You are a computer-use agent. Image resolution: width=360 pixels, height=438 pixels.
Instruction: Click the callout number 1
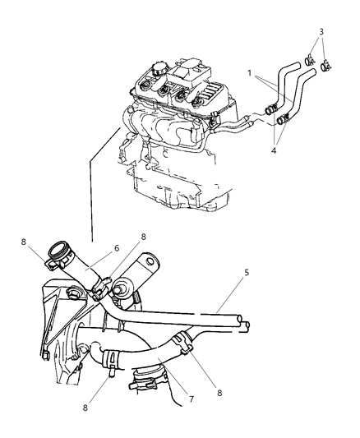[x=249, y=73]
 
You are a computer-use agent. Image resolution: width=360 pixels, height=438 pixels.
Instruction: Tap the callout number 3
[x=321, y=31]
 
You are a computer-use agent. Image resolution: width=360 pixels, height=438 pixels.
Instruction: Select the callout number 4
[x=274, y=150]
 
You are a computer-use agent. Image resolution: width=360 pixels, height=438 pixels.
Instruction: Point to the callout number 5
[x=246, y=272]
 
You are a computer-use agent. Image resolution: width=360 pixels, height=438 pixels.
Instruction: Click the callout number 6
[x=117, y=248]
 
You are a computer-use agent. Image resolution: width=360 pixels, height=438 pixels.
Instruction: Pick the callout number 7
[x=192, y=399]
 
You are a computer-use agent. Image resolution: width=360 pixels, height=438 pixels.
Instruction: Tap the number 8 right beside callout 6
[x=143, y=237]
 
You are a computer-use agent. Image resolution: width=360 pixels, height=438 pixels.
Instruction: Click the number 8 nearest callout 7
[x=219, y=393]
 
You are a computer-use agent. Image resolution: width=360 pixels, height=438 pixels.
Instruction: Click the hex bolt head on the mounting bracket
[x=73, y=293]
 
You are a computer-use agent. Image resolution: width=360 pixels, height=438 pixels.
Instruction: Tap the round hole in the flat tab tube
[x=150, y=260]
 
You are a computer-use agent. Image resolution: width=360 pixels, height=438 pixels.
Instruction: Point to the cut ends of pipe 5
[x=242, y=323]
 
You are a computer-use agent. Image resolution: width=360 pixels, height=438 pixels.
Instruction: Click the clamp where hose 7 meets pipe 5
[x=182, y=342]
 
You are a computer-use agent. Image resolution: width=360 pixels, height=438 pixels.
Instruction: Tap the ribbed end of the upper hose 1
[x=271, y=109]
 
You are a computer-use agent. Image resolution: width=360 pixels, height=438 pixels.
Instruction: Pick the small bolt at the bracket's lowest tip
[x=45, y=356]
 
